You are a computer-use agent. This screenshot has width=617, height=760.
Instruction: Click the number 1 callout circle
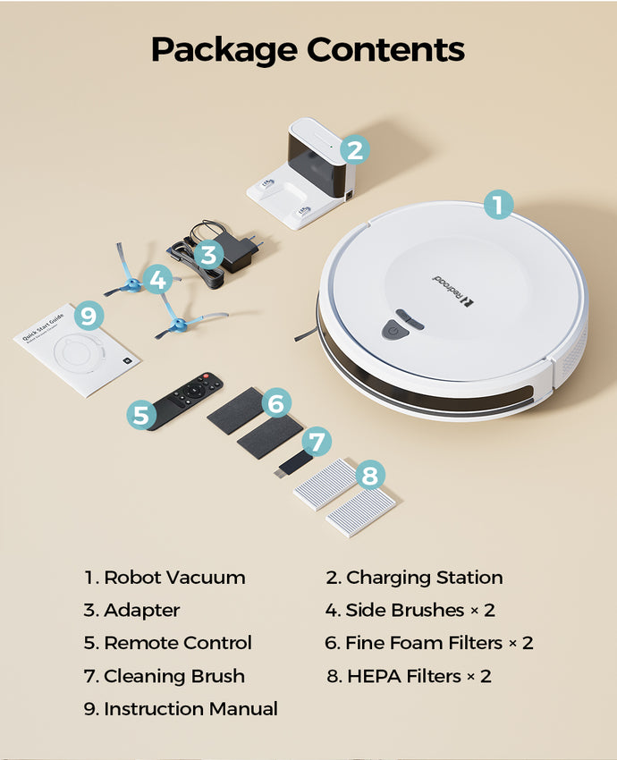498,204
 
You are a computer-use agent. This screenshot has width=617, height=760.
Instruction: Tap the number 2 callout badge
355,150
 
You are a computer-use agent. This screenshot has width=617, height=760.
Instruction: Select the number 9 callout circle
89,316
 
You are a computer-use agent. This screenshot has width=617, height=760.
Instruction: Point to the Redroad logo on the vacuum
453,291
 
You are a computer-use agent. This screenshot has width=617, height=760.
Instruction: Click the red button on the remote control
206,376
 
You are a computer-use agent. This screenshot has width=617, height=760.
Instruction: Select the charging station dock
301,173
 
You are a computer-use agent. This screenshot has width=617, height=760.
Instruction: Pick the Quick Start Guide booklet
77,350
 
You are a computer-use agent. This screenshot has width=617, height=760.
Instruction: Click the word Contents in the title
385,49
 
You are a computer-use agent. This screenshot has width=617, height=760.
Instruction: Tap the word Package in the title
224,50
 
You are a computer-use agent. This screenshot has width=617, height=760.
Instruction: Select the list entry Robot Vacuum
165,578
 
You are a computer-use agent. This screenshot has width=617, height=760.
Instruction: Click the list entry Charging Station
414,578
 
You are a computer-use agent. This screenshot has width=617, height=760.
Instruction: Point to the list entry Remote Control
168,643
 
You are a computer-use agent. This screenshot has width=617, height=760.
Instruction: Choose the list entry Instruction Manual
181,709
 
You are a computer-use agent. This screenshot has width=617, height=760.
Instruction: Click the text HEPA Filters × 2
409,676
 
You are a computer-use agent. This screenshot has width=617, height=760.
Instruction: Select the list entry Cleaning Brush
165,676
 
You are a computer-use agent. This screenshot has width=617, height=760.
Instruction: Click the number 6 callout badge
276,403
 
